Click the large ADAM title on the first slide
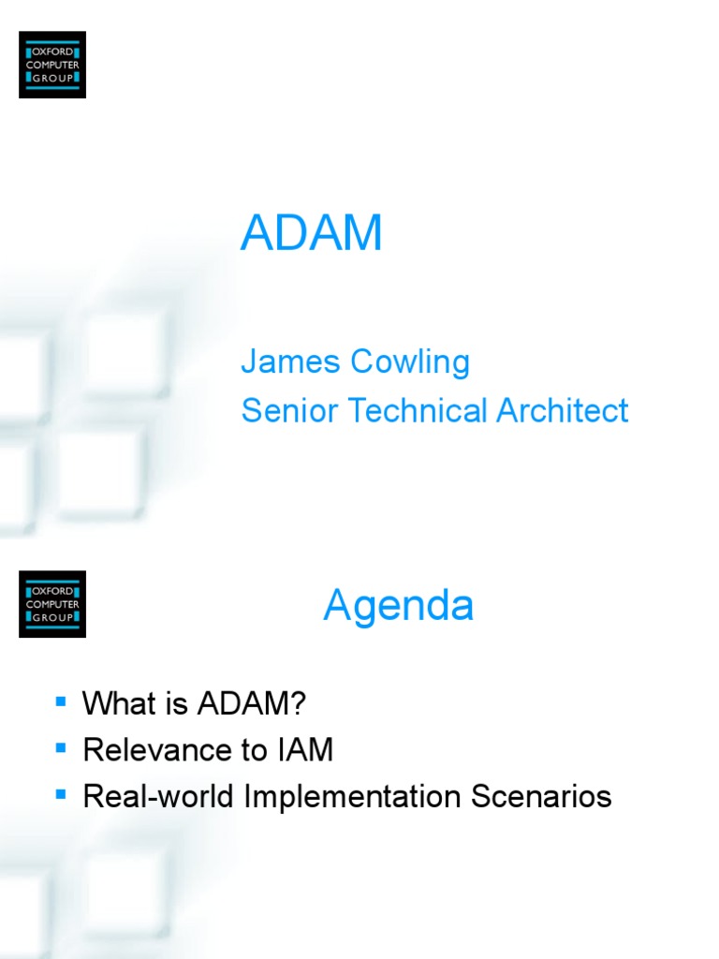tap(311, 233)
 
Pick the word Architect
tap(563, 411)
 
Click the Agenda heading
tap(399, 606)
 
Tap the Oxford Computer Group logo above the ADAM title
tap(52, 65)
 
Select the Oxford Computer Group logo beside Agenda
tap(52, 604)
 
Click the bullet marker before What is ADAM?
tap(62, 701)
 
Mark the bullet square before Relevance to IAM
tap(62, 747)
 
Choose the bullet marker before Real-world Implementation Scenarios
tap(62, 794)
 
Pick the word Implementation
tap(353, 797)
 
